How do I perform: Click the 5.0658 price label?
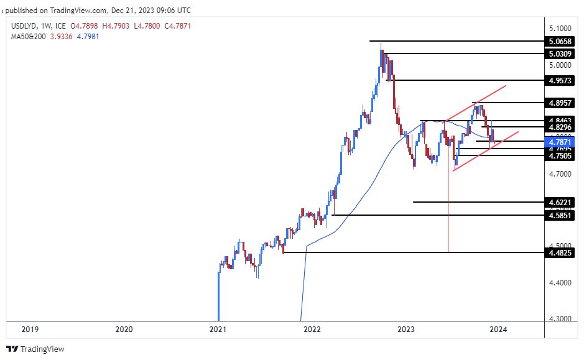560,42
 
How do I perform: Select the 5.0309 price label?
560,54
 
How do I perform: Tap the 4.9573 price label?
560,81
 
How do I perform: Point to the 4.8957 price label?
560,103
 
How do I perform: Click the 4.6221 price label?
560,202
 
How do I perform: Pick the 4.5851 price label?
560,215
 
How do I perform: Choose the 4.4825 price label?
560,253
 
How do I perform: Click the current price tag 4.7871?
560,142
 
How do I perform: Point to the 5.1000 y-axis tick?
560,29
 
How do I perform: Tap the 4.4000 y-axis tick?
560,282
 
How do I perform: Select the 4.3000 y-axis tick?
560,319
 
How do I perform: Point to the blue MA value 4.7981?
86,37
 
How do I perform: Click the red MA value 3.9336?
62,37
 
